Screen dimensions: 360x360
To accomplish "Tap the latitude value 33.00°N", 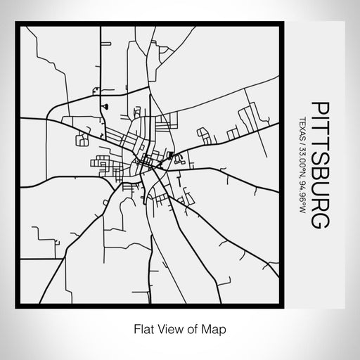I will (303, 163).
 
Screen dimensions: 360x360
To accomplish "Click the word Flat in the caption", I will (140, 327).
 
